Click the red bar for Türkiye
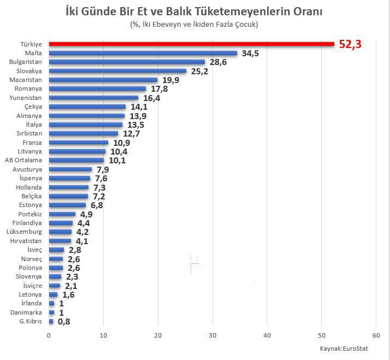coord(191,44)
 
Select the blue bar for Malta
coord(143,53)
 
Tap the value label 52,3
coord(351,44)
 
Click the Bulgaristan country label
coord(27,62)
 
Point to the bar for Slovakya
coord(117,71)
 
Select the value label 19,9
coord(170,80)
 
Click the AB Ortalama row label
coord(27,160)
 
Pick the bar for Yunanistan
coord(93,98)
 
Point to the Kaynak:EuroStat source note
coord(342,348)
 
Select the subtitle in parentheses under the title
coord(194,25)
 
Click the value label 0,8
coord(64,321)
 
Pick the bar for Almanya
coord(86,116)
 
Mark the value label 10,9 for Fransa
coord(121,143)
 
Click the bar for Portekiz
coord(62,214)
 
